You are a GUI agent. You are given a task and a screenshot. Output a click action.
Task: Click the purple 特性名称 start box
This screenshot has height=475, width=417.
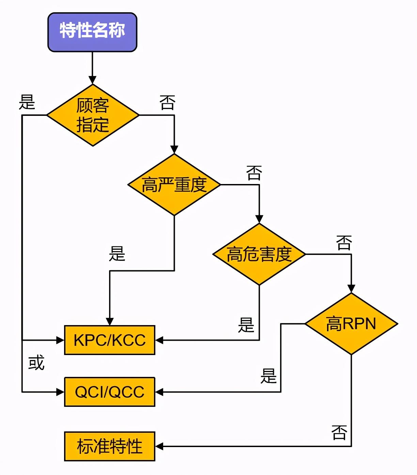[92, 32]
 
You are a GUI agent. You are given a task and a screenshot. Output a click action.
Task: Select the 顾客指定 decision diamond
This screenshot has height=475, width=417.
[93, 115]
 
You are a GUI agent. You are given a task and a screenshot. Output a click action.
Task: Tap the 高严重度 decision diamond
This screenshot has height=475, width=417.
[174, 185]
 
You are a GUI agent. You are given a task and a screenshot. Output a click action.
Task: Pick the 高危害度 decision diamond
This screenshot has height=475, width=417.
[259, 254]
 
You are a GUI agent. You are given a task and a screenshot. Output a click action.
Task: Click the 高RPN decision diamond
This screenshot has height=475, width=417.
[351, 324]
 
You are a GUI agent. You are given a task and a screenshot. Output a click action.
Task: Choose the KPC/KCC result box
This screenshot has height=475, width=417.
[110, 340]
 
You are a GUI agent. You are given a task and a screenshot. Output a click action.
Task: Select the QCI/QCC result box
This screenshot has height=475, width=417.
[110, 392]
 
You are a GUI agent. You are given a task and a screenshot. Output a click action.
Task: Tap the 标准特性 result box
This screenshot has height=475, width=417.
[110, 446]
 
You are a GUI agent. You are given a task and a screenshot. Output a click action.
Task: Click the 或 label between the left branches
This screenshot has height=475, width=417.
[36, 363]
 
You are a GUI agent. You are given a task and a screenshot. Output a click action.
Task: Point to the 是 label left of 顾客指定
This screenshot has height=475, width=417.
[27, 102]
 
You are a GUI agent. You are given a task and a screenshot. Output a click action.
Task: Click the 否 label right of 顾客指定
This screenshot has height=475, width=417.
[167, 102]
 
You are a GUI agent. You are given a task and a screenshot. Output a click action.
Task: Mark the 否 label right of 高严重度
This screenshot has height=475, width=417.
[254, 173]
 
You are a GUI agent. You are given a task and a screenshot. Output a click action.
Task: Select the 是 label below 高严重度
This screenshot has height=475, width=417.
[117, 254]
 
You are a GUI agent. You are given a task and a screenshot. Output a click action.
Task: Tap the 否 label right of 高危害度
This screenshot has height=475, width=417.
[344, 243]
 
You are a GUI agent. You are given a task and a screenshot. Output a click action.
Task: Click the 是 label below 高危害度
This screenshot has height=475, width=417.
[246, 325]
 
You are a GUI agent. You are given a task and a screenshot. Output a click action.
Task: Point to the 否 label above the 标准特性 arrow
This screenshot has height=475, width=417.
[339, 432]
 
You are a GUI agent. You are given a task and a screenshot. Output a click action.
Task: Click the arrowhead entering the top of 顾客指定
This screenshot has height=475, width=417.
[92, 80]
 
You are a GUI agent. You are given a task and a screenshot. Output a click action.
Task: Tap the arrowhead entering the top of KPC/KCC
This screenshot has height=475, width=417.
[110, 321]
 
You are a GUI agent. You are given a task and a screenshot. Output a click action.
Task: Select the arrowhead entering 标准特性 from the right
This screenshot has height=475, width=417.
[159, 446]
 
